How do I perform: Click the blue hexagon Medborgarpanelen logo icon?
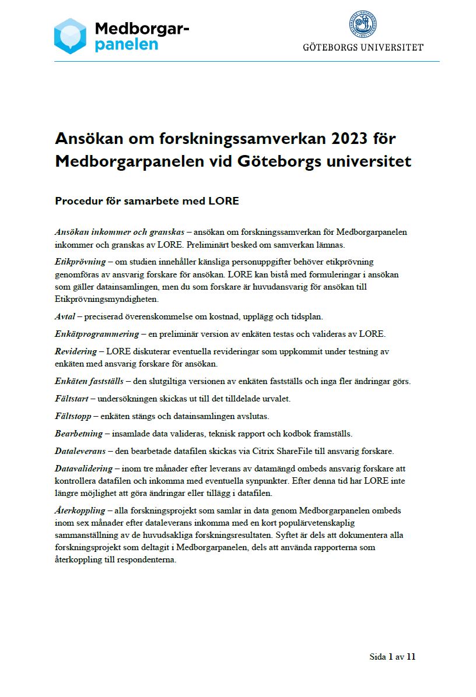click(x=71, y=36)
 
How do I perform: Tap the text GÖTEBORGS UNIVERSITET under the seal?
click(x=363, y=47)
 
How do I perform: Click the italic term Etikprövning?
click(x=80, y=261)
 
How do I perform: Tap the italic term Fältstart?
click(x=73, y=399)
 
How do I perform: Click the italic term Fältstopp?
click(x=74, y=416)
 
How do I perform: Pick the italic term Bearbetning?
click(x=78, y=434)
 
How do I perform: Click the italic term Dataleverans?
click(x=80, y=451)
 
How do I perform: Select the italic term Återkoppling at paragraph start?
click(x=80, y=511)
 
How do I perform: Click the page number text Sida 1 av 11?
click(x=392, y=657)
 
